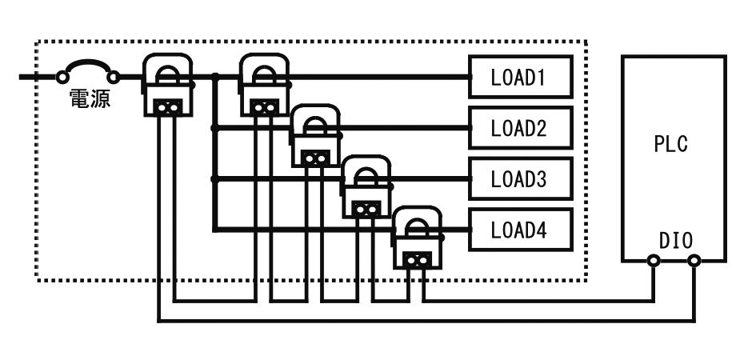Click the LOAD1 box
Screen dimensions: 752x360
[x=520, y=77]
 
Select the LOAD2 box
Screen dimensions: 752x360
[x=520, y=127]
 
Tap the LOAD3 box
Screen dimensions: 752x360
[x=520, y=178]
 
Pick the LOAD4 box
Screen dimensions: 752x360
[x=520, y=230]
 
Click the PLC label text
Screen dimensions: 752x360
[x=671, y=143]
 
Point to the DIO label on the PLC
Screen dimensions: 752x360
[x=676, y=241]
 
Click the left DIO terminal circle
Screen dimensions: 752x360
[x=654, y=261]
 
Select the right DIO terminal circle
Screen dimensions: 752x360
[x=694, y=261]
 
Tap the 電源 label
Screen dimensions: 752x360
[x=90, y=98]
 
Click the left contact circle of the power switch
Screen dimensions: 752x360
[x=62, y=77]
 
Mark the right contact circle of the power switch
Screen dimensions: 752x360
[x=113, y=77]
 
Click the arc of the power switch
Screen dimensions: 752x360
[x=88, y=62]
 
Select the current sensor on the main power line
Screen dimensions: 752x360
[x=168, y=84]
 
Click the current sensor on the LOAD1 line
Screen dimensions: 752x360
[x=265, y=84]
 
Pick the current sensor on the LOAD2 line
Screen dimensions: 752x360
[x=315, y=135]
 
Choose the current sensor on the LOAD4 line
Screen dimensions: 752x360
[x=418, y=238]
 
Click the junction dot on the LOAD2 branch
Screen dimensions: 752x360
[x=214, y=128]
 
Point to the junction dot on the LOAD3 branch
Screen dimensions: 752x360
[x=214, y=179]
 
